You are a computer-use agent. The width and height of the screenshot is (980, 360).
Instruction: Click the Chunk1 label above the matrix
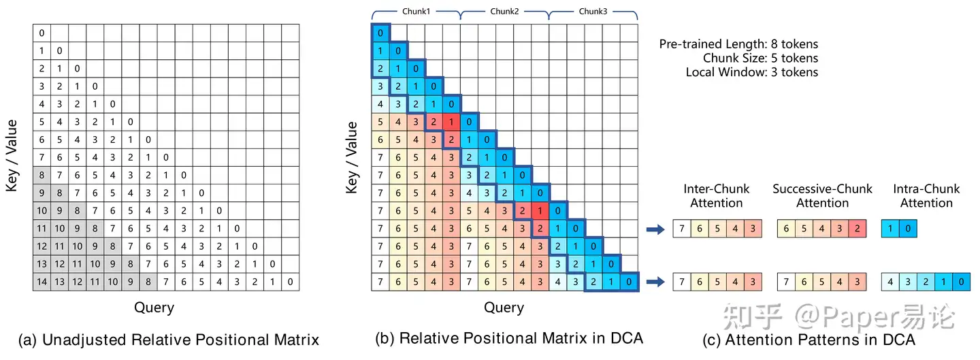(415, 12)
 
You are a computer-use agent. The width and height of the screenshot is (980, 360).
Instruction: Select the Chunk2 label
(504, 12)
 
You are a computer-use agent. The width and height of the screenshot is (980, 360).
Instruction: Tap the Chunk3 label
(593, 12)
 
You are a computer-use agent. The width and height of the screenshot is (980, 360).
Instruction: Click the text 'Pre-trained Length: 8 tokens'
(738, 44)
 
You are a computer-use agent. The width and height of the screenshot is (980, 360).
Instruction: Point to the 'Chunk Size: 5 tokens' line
(760, 58)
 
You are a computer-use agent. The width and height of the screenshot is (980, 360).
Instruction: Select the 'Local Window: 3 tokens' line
(751, 72)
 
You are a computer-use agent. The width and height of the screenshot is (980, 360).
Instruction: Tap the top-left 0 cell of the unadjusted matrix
(42, 33)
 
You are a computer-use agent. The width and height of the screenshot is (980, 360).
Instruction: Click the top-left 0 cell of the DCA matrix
(380, 33)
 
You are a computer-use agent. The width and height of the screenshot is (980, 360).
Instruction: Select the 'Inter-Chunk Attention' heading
(717, 196)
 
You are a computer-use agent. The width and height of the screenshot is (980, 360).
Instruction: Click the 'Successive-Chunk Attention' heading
(822, 196)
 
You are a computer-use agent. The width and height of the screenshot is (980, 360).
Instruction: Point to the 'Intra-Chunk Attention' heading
(926, 196)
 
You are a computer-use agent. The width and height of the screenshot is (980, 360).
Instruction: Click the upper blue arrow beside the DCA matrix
(655, 230)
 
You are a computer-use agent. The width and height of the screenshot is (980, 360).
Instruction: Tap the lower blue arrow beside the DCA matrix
(655, 281)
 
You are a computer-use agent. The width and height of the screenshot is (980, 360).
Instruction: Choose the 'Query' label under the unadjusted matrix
(154, 308)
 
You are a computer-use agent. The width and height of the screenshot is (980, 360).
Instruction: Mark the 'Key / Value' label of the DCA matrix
(352, 157)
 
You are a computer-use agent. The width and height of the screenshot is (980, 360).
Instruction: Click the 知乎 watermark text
(749, 317)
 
